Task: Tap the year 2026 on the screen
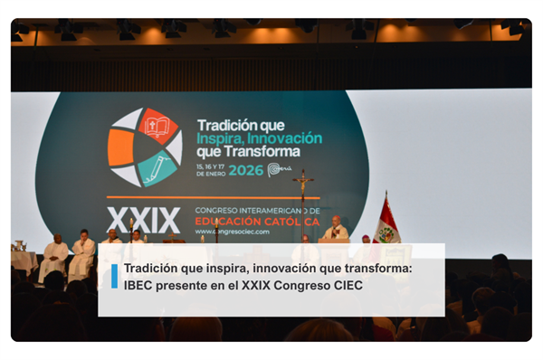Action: (x=245, y=170)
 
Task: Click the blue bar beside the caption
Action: (x=114, y=276)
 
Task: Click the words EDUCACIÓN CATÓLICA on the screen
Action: (x=257, y=221)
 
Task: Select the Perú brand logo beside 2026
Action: (x=279, y=169)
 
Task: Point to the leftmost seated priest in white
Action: (x=56, y=256)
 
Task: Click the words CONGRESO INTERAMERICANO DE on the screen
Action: (x=257, y=210)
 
